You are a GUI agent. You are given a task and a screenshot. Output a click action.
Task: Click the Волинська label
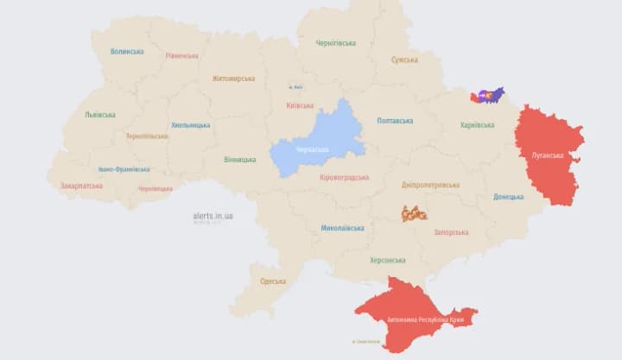pos(127,52)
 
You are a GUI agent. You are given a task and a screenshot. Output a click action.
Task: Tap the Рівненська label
pos(181,56)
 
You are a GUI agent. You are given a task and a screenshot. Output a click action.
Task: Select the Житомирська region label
pos(233,79)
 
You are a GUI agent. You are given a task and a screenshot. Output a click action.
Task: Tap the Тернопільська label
pos(146,136)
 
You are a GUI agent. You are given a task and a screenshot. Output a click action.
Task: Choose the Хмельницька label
pos(191,125)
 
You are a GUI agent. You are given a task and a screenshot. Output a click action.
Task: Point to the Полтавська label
pos(395,121)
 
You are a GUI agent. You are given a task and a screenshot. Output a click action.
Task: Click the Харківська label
pos(478,125)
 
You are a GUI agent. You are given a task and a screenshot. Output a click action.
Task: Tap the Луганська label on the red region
pos(548,155)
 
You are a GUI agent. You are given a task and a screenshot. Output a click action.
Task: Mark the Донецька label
pos(508,197)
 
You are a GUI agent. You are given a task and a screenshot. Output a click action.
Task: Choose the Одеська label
pos(273,281)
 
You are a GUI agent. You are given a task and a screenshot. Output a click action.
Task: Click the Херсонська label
pos(387,260)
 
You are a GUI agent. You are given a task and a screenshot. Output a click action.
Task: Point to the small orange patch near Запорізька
pos(414,212)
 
